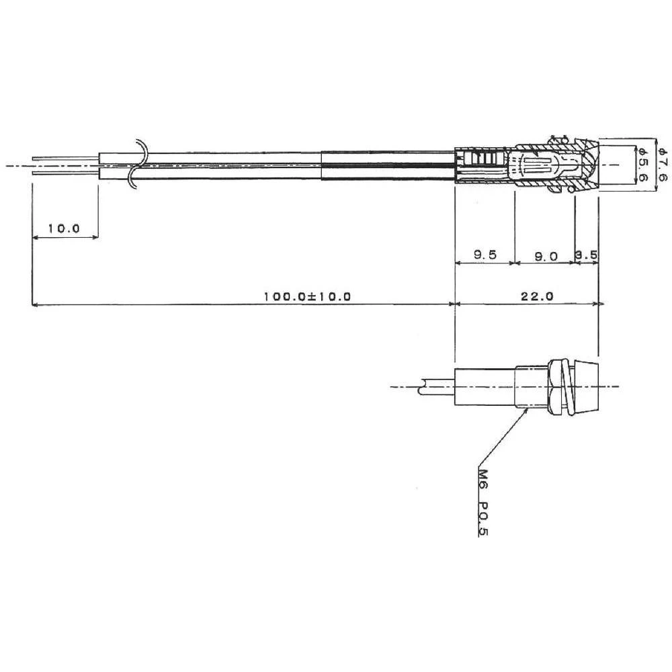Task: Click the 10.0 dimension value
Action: point(64,228)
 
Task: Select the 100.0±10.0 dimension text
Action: point(307,296)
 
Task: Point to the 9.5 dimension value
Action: point(484,255)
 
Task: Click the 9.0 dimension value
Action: point(545,255)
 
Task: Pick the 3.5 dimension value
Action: point(587,255)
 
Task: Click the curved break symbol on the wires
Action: point(136,163)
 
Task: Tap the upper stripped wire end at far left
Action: point(64,159)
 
